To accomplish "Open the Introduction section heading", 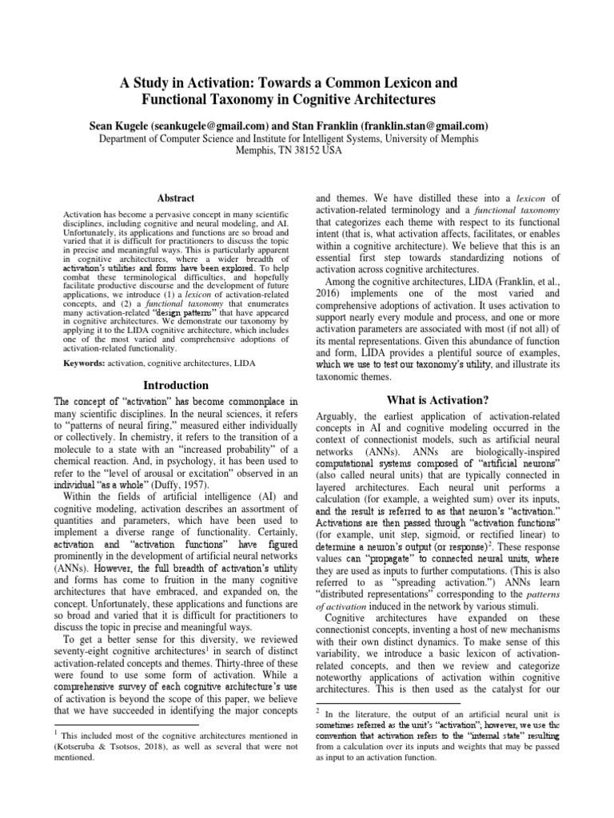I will [x=175, y=384].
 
